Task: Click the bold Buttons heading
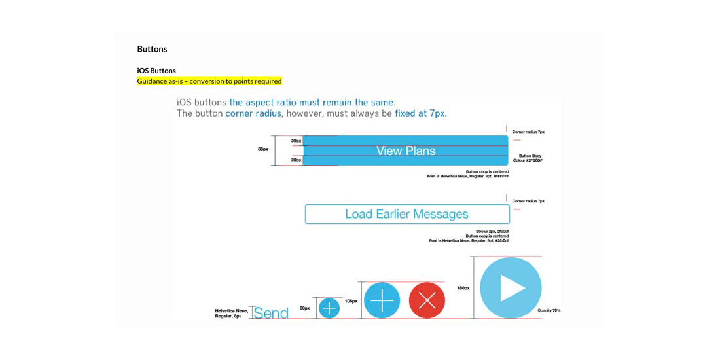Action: [x=152, y=49]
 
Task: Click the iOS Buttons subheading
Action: [x=156, y=71]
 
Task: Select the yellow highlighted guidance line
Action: [x=209, y=81]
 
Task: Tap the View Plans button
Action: [x=406, y=151]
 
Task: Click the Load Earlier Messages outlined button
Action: [x=407, y=214]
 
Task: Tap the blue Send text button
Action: [x=271, y=313]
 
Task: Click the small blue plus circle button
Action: [x=329, y=308]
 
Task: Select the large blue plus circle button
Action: [x=382, y=300]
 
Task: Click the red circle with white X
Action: [x=427, y=300]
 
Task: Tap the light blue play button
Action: [x=511, y=288]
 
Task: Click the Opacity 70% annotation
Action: [x=549, y=310]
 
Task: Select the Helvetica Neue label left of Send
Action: [x=231, y=313]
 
